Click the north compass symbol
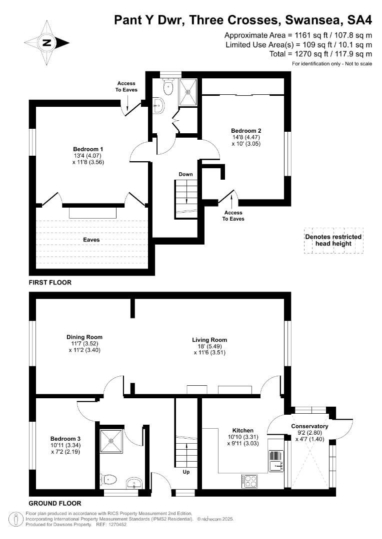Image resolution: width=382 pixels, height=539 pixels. (x=46, y=43)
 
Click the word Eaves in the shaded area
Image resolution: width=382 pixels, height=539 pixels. (x=91, y=240)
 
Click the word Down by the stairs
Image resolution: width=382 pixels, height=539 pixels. (x=185, y=174)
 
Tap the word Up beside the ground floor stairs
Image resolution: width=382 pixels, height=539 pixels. (x=186, y=472)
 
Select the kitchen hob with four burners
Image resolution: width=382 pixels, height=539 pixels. (x=249, y=481)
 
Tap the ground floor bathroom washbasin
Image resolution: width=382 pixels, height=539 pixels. (x=134, y=483)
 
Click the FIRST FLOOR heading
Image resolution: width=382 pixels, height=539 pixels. (x=50, y=282)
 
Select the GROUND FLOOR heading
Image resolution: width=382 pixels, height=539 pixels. (x=55, y=503)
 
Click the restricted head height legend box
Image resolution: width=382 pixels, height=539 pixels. (x=333, y=240)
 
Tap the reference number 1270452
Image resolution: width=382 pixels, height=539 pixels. (x=117, y=525)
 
